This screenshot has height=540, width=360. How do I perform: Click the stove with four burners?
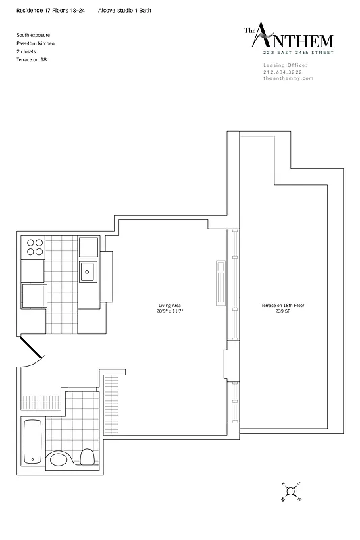point(34,247)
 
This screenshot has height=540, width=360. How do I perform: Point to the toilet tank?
point(86,457)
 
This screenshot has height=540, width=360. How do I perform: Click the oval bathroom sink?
point(59,460)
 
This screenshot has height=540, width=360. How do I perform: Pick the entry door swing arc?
point(33,356)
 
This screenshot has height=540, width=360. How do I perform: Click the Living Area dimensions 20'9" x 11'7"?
point(171,312)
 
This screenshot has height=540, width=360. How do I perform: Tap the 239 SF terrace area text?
point(282,312)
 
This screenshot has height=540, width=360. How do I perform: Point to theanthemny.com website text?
point(288,78)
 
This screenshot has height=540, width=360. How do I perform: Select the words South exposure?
point(33,34)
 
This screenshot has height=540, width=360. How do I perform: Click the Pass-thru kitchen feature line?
point(36,43)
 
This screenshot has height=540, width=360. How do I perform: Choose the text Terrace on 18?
point(31,60)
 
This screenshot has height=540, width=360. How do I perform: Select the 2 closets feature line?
point(28,51)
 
